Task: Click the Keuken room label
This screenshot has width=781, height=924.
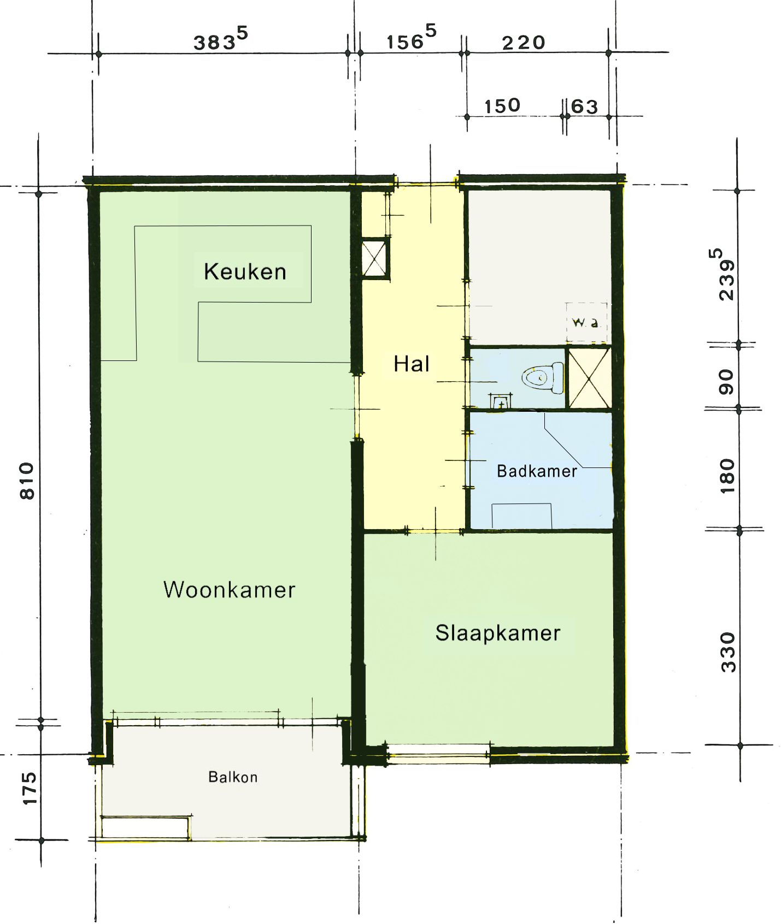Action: point(245,271)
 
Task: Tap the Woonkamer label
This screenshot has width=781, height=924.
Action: point(230,590)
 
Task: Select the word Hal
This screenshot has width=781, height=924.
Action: point(412,364)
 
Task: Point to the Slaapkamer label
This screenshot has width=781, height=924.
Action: point(498,633)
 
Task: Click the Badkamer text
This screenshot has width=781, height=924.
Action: point(537,471)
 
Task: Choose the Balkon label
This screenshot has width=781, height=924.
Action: point(233,777)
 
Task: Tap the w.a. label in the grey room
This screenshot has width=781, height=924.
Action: point(585,322)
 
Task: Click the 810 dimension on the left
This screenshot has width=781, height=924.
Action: point(27,481)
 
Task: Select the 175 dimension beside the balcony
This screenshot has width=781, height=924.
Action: point(29,788)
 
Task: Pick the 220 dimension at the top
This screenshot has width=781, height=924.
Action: point(524,43)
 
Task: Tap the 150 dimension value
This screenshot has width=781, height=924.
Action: point(502,105)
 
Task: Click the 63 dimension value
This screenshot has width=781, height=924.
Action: point(584,106)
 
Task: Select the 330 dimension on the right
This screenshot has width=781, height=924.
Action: point(728,652)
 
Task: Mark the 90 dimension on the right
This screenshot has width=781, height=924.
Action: point(726,382)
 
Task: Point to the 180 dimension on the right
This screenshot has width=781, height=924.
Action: point(727,476)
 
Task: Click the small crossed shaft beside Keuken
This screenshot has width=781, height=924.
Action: point(374,259)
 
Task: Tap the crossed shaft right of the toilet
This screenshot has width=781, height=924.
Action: point(589,377)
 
